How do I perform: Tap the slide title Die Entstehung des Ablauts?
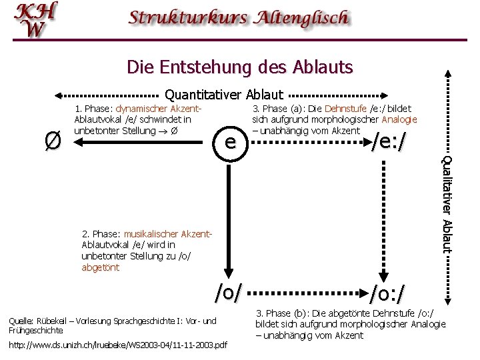[239, 67]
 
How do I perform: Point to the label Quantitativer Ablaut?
[224, 95]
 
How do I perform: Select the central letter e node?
[229, 141]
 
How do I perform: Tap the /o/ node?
[228, 291]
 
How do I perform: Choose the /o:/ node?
[387, 292]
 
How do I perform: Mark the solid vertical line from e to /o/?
[229, 213]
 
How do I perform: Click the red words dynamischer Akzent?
[159, 109]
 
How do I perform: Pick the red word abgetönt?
[101, 268]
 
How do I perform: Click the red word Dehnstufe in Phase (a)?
[345, 109]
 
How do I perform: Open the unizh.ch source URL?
[118, 345]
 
